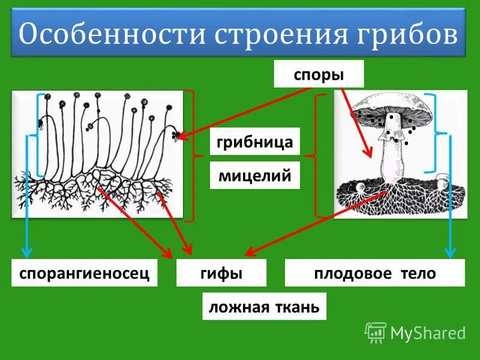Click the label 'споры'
point(319,74)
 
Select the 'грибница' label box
point(254,142)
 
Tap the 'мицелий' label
point(254,176)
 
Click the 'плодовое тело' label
point(374,274)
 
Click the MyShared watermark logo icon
point(375,332)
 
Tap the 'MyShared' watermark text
point(428,332)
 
